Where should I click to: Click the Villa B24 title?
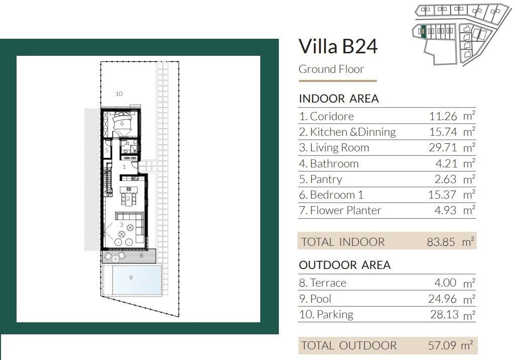click(x=338, y=46)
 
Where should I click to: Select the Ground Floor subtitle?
click(x=331, y=69)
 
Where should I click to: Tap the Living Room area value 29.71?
click(x=443, y=148)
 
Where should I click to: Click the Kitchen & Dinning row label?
click(x=348, y=132)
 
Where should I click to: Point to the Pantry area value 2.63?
click(x=445, y=179)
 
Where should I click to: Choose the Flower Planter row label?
click(x=340, y=210)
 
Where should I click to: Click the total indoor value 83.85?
click(x=441, y=242)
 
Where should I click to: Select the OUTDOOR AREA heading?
click(x=345, y=265)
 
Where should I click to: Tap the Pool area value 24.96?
click(x=443, y=299)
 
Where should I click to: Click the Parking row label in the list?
click(x=326, y=315)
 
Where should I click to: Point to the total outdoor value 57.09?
click(x=442, y=345)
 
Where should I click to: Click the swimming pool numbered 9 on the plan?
click(x=137, y=280)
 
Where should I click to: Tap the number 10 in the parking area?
click(x=119, y=94)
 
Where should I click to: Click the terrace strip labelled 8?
click(x=129, y=256)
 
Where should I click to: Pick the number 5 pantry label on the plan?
click(x=107, y=150)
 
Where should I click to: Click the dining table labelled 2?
click(x=128, y=199)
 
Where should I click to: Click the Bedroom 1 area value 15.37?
click(x=443, y=195)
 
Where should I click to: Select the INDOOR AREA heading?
click(x=339, y=99)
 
